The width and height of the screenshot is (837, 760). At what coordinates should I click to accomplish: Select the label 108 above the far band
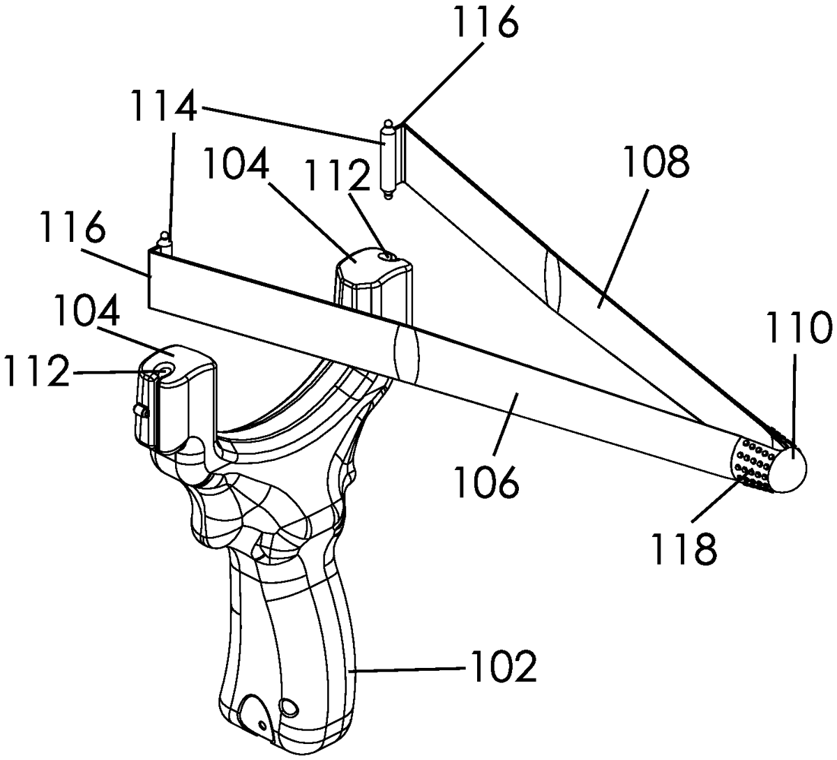pyautogui.click(x=656, y=161)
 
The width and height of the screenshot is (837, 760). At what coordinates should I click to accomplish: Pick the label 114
pyautogui.click(x=163, y=107)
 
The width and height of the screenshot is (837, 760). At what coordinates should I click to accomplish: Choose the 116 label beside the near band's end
pyautogui.click(x=72, y=227)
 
